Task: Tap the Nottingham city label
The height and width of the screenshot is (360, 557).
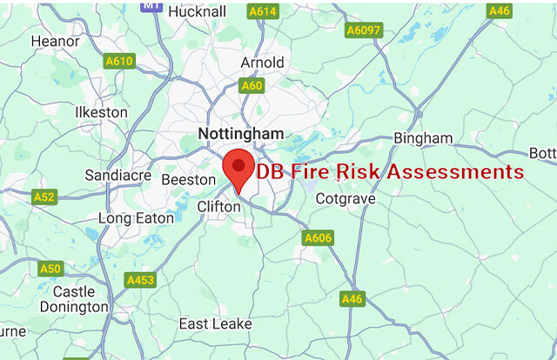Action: point(241,134)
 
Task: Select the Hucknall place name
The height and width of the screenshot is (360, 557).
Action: point(197,11)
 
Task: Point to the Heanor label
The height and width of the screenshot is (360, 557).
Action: point(55,41)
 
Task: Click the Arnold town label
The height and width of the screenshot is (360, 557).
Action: point(262,63)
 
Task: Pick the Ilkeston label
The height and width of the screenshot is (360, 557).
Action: point(101,112)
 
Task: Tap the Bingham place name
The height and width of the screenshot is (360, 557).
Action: point(423,138)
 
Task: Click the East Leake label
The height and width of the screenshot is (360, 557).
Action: point(215,323)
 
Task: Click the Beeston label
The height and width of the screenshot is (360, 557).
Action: point(188,179)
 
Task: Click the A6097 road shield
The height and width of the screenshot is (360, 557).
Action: point(363,30)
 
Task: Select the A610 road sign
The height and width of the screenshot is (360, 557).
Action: point(118,61)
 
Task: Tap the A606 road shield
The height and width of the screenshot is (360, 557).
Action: point(318,237)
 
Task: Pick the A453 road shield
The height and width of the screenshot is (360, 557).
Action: point(140,280)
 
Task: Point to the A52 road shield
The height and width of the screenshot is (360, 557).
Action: point(44,197)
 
